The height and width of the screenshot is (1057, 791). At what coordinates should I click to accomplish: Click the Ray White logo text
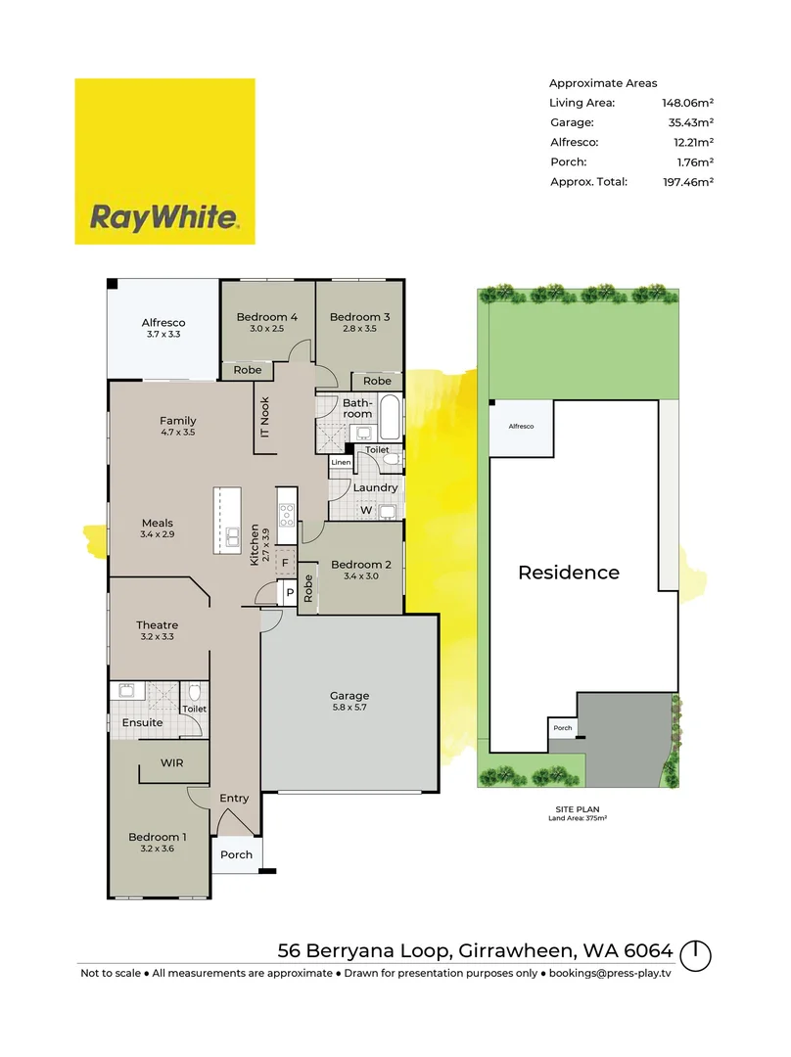coord(164,216)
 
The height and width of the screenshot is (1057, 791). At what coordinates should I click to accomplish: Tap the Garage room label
coord(349,696)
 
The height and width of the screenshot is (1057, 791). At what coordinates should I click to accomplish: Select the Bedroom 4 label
coord(267,317)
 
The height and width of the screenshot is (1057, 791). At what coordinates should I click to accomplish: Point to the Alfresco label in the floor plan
coord(163,322)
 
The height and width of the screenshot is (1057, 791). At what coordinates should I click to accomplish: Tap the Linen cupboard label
coord(341,462)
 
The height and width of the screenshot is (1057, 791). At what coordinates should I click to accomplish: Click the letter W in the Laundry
coord(366,510)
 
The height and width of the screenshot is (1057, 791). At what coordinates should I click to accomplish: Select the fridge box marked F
coord(285,564)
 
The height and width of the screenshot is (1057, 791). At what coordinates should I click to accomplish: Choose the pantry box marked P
coord(290,594)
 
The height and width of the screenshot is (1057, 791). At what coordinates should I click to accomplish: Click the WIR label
coord(171,762)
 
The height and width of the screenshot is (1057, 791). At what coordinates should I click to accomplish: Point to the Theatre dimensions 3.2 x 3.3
coord(158,638)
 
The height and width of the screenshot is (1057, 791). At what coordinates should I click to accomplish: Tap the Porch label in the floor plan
coord(236,854)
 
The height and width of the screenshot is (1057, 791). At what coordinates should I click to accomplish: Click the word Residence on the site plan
coord(569,573)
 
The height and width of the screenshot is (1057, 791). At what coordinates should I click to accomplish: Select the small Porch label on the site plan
coord(562,728)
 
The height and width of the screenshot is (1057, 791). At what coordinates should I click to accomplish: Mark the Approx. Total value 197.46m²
coord(688,182)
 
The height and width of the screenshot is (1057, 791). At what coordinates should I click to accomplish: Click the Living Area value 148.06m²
coord(688,103)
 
